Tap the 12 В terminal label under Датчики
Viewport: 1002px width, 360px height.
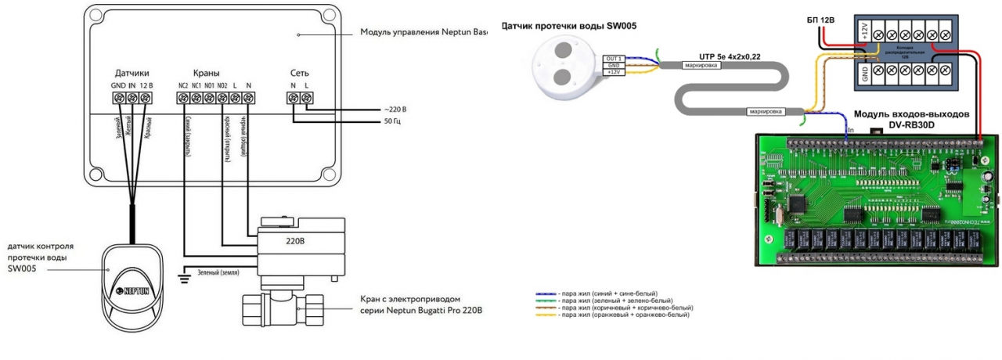(x=146, y=85)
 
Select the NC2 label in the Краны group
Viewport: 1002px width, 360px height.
(x=182, y=85)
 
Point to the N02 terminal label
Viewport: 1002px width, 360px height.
(x=222, y=85)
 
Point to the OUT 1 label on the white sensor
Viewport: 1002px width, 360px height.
(x=613, y=58)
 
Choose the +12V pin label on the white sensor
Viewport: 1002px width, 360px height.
(x=614, y=72)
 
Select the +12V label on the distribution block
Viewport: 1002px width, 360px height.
(x=865, y=32)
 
